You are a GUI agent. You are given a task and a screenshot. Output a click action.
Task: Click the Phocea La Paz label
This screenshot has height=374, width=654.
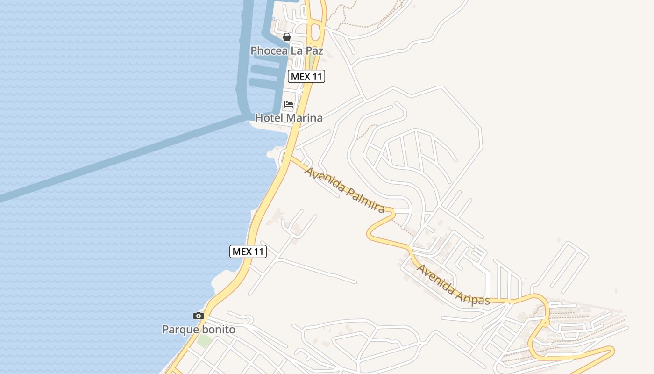click(x=287, y=50)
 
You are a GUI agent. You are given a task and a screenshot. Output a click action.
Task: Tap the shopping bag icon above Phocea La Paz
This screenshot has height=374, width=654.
click(x=287, y=37)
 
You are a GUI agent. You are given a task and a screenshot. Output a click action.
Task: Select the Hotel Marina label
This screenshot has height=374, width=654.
click(x=289, y=118)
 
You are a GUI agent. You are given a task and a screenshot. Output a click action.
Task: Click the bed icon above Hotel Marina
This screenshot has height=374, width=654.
click(x=289, y=104)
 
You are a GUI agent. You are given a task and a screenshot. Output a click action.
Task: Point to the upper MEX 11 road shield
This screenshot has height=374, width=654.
click(x=306, y=76)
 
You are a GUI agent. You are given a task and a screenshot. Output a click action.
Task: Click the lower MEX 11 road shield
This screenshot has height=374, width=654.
click(x=248, y=252)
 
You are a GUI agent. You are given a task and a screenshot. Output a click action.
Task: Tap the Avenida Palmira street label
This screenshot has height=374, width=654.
click(x=344, y=189)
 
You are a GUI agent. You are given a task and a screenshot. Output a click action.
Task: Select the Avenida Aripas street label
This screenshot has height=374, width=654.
click(x=453, y=285)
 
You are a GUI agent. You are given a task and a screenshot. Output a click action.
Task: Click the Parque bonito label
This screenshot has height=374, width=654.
click(x=199, y=330)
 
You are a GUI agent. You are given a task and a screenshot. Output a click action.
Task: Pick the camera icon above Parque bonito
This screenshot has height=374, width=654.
click(x=199, y=316)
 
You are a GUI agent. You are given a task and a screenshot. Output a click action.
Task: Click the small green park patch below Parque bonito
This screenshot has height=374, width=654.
click(x=204, y=340)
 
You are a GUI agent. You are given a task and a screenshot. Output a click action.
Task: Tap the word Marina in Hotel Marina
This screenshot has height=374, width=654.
click(x=304, y=118)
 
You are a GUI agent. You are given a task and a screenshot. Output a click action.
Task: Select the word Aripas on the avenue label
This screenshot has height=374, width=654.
click(x=471, y=295)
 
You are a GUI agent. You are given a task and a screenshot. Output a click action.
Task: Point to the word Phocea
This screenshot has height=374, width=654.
click(x=269, y=50)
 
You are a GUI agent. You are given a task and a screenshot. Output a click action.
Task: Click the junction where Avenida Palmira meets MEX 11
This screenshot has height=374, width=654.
click(x=290, y=158)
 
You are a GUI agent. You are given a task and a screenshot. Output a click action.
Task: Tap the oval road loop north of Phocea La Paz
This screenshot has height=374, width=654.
click(x=316, y=31)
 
